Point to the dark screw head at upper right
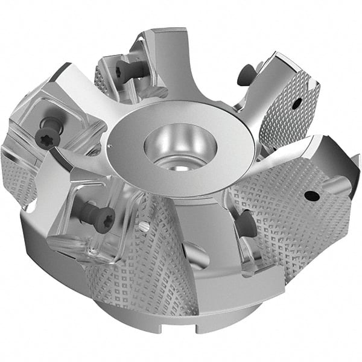click(244, 75)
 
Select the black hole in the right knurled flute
click(312, 195)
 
